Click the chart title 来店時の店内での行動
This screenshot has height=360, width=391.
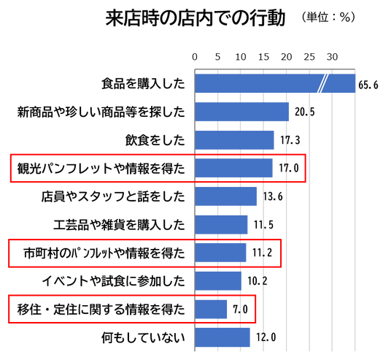coord(195,18)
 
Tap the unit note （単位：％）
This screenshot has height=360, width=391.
coord(328,18)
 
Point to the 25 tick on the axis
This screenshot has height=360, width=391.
coord(309,57)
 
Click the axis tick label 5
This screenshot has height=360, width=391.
coord(217,57)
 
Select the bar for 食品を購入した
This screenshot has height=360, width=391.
coord(275,83)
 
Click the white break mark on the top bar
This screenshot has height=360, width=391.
coord(323,83)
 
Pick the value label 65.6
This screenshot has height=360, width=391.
coord(368,85)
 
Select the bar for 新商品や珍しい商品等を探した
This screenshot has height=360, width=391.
coord(242,112)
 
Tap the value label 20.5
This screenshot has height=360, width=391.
coord(305,112)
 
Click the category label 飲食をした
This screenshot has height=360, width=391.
coord(155,139)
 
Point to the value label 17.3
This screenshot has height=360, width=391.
coord(290,139)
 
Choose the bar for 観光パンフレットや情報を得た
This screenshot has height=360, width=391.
coord(233,168)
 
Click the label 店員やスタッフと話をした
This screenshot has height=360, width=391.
coord(113,196)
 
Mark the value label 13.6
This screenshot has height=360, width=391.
coord(273,196)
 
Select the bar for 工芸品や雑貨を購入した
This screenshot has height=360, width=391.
coord(221,225)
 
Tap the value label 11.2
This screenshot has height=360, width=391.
coord(262,253)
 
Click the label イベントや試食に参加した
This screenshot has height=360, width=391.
coord(114,281)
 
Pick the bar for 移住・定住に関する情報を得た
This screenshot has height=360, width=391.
coord(211,310)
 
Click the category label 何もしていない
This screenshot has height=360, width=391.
coord(143,337)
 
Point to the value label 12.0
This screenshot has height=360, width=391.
coord(266,337)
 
